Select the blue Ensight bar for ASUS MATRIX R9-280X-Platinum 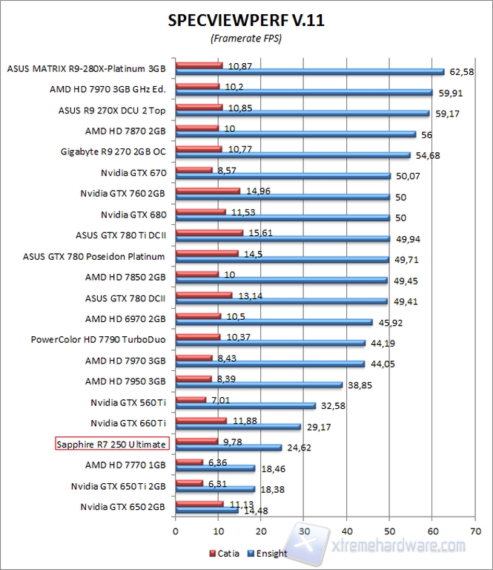[x=309, y=72]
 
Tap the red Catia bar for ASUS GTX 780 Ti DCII [x=209, y=232]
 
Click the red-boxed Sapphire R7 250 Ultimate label [x=113, y=444]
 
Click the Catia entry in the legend [x=222, y=553]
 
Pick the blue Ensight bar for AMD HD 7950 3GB [x=258, y=385]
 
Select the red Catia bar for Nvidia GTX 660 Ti [x=201, y=420]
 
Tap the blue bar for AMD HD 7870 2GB [x=295, y=135]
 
